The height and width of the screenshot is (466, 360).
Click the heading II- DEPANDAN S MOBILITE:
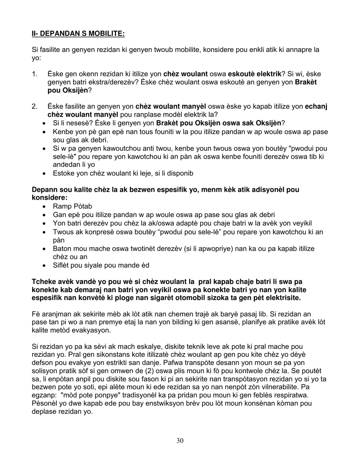click(x=78, y=34)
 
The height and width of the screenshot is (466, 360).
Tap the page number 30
click(x=180, y=440)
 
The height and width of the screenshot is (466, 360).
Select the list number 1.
click(x=34, y=74)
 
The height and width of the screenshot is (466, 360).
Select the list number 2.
click(x=34, y=107)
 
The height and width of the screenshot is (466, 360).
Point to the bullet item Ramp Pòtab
click(x=72, y=206)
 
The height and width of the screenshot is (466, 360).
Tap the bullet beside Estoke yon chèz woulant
click(x=45, y=174)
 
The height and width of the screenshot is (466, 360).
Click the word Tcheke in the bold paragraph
click(x=43, y=282)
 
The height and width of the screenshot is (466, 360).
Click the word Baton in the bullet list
click(x=62, y=249)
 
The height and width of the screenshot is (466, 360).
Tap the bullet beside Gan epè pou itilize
click(x=45, y=215)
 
